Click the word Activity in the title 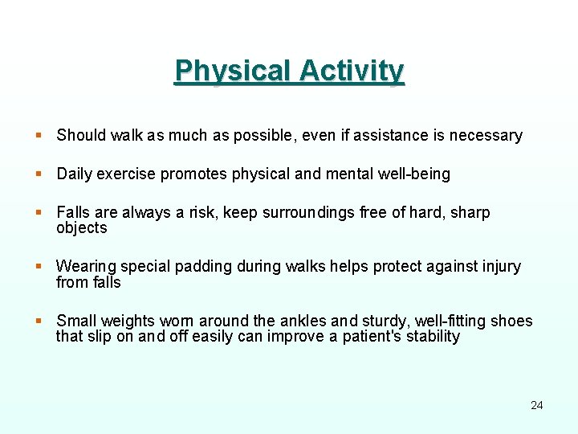pyautogui.click(x=352, y=72)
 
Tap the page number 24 pyautogui.click(x=537, y=405)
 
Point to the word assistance pyautogui.click(x=391, y=136)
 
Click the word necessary pyautogui.click(x=486, y=136)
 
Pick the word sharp pyautogui.click(x=471, y=213)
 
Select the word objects pyautogui.click(x=81, y=228)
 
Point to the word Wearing pyautogui.click(x=86, y=267)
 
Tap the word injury pyautogui.click(x=501, y=267)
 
